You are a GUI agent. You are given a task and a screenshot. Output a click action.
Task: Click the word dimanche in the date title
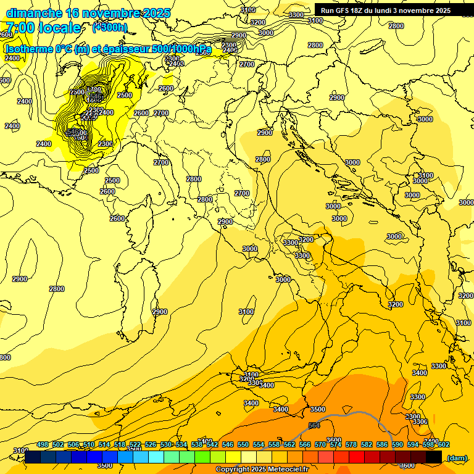[34, 13]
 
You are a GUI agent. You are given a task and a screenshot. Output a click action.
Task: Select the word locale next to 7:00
[59, 28]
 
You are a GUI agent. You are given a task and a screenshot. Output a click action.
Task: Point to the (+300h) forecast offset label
[109, 27]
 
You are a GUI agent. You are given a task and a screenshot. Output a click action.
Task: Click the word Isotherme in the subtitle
[28, 49]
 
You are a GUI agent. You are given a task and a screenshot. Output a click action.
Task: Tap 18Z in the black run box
[359, 10]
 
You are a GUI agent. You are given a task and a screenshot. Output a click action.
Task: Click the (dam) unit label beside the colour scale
[457, 457]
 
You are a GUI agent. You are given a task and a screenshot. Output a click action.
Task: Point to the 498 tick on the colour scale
[43, 444]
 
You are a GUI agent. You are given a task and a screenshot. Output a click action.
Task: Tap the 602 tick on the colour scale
[443, 444]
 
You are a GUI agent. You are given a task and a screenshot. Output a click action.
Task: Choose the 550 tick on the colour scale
[243, 444]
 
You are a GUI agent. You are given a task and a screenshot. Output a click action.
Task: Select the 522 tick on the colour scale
[135, 444]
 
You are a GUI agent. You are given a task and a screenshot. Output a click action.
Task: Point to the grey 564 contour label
[314, 425]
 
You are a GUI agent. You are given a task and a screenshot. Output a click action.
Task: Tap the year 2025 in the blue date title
[157, 13]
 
